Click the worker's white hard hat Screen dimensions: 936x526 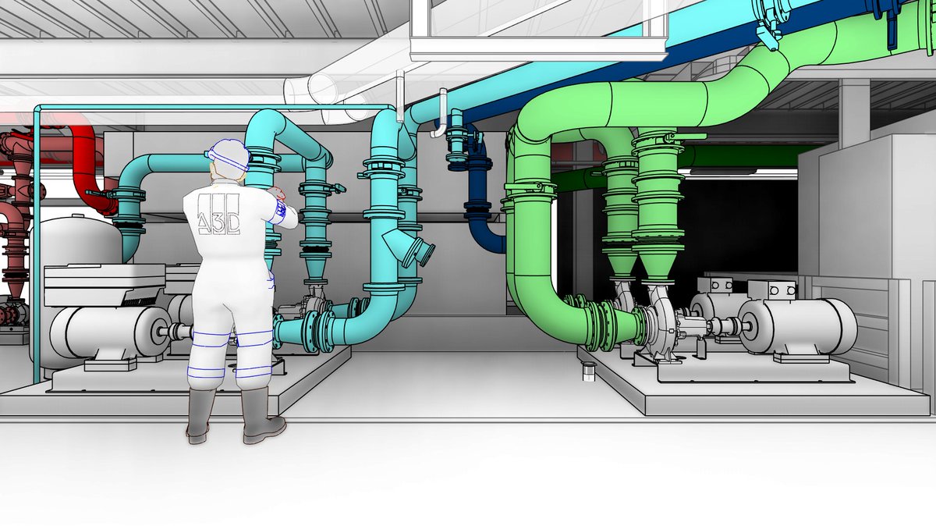pyautogui.click(x=228, y=155)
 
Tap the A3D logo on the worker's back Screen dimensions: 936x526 pyautogui.click(x=218, y=214)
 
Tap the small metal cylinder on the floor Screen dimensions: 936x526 pyautogui.click(x=588, y=372)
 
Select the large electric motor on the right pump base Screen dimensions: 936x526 pyautogui.click(x=796, y=326)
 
